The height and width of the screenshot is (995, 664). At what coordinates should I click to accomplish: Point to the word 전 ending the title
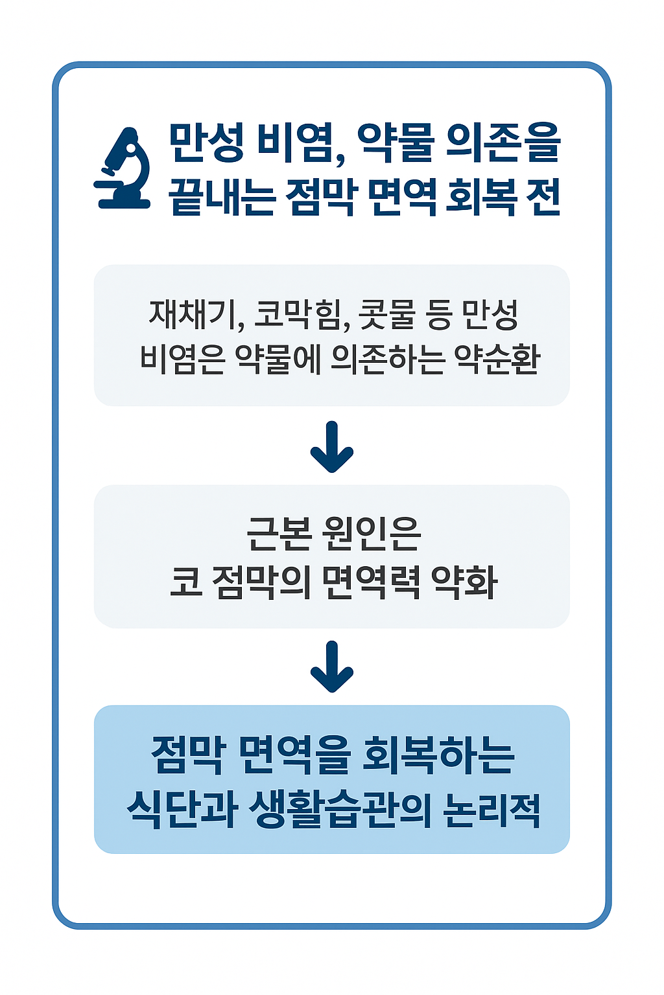[x=541, y=196]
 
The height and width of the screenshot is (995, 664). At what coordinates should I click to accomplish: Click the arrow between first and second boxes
[x=332, y=447]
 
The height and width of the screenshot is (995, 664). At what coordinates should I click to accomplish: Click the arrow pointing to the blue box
[x=332, y=667]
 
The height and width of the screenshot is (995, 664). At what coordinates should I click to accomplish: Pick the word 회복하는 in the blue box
[x=438, y=755]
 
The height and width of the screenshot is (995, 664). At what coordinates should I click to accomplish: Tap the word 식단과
[x=181, y=808]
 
